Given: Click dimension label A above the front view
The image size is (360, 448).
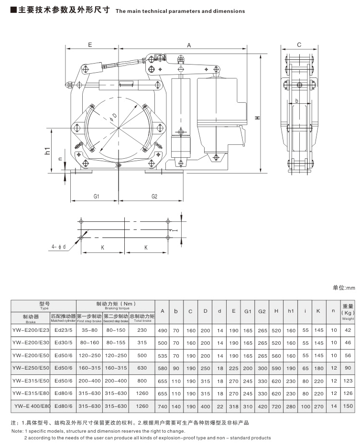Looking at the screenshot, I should [189, 45].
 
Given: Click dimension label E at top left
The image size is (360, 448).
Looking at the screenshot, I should [89, 44].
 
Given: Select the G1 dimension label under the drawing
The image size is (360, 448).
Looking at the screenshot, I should [96, 197].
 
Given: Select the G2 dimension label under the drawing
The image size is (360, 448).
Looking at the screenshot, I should [154, 197].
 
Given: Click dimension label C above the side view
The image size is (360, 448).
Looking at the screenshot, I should [299, 45].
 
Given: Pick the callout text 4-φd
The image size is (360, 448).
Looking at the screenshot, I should [59, 247].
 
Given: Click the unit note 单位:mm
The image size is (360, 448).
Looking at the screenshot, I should [344, 288].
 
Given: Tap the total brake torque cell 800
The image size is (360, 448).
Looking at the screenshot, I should [142, 380].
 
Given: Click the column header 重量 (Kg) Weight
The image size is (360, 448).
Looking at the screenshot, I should [348, 311].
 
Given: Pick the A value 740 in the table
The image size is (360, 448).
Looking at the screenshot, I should [163, 406].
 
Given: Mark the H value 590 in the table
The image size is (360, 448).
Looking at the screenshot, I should [276, 367].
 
